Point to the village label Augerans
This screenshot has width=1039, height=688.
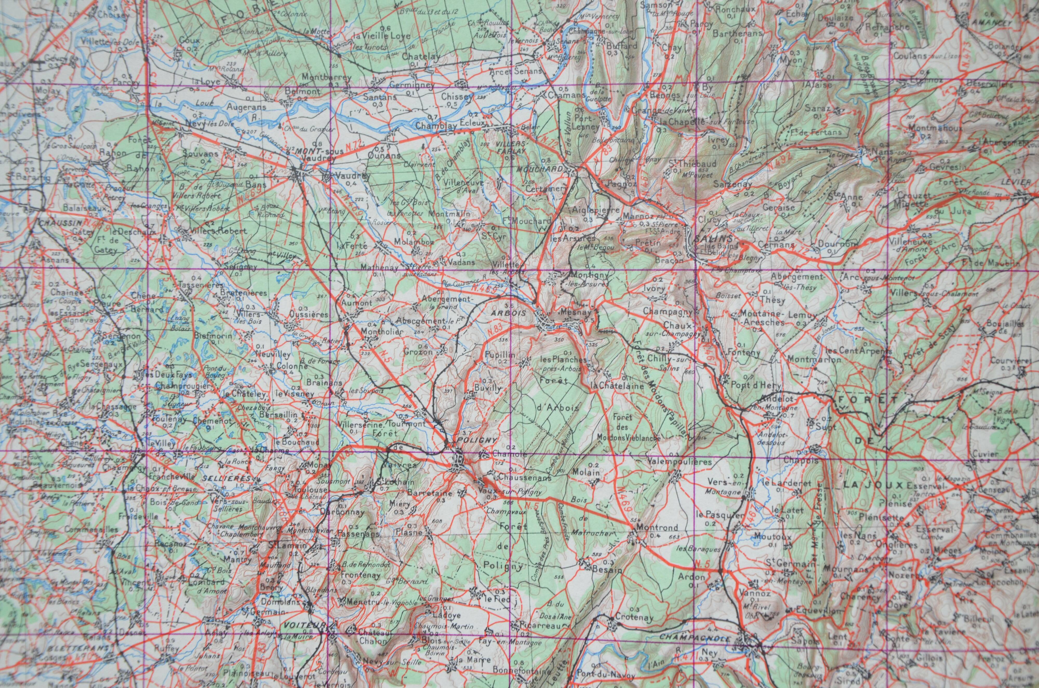[x=247, y=107]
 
